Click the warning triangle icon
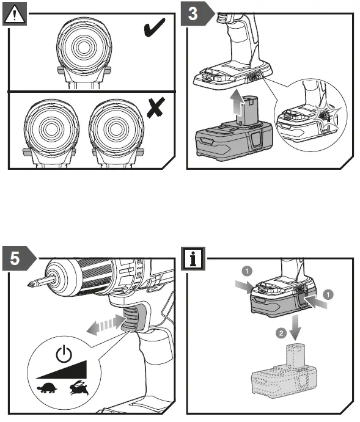(15, 13)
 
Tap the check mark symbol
(154, 27)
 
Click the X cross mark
(156, 107)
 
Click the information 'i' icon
(193, 258)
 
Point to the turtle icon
(47, 388)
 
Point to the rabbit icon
(79, 388)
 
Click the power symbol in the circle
(64, 354)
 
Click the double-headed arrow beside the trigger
(106, 325)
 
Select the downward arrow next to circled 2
(295, 327)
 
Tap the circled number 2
(281, 333)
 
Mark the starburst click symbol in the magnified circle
(326, 115)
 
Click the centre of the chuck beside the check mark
(84, 47)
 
